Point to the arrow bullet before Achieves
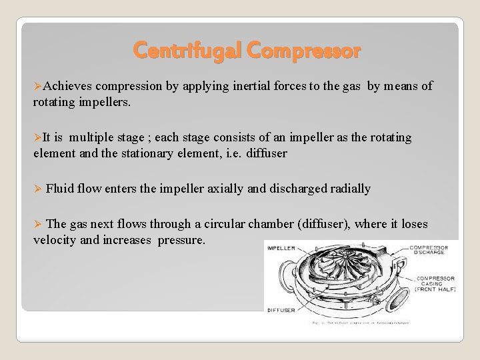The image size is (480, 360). point(37,86)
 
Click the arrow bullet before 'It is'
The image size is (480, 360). point(37,138)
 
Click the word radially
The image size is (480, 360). point(346,189)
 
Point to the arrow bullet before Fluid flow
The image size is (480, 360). point(37,189)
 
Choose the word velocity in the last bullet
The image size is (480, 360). point(55,239)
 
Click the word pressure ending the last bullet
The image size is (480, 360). point(181,239)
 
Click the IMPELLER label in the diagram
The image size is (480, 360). point(283,248)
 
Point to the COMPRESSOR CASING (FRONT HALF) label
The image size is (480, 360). point(435,284)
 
